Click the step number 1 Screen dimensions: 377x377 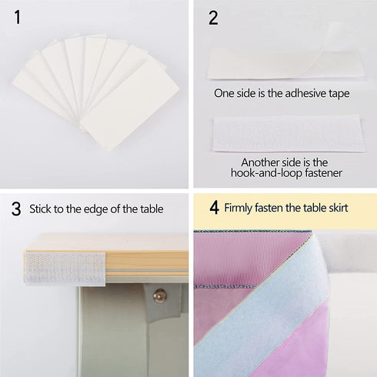click(x=18, y=18)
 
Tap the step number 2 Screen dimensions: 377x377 click(x=213, y=18)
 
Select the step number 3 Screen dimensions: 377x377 click(x=16, y=209)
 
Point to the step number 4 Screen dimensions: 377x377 click(x=214, y=208)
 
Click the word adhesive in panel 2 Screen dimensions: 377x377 click(x=301, y=93)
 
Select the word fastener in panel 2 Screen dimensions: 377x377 click(x=323, y=173)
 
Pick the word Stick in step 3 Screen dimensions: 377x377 click(x=40, y=209)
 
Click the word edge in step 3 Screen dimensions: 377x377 click(x=96, y=209)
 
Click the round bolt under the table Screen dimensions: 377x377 click(x=159, y=295)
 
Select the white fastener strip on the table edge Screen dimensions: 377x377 click(x=65, y=268)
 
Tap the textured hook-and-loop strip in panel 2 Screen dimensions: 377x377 click(x=289, y=133)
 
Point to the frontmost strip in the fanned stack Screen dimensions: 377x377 click(x=130, y=105)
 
